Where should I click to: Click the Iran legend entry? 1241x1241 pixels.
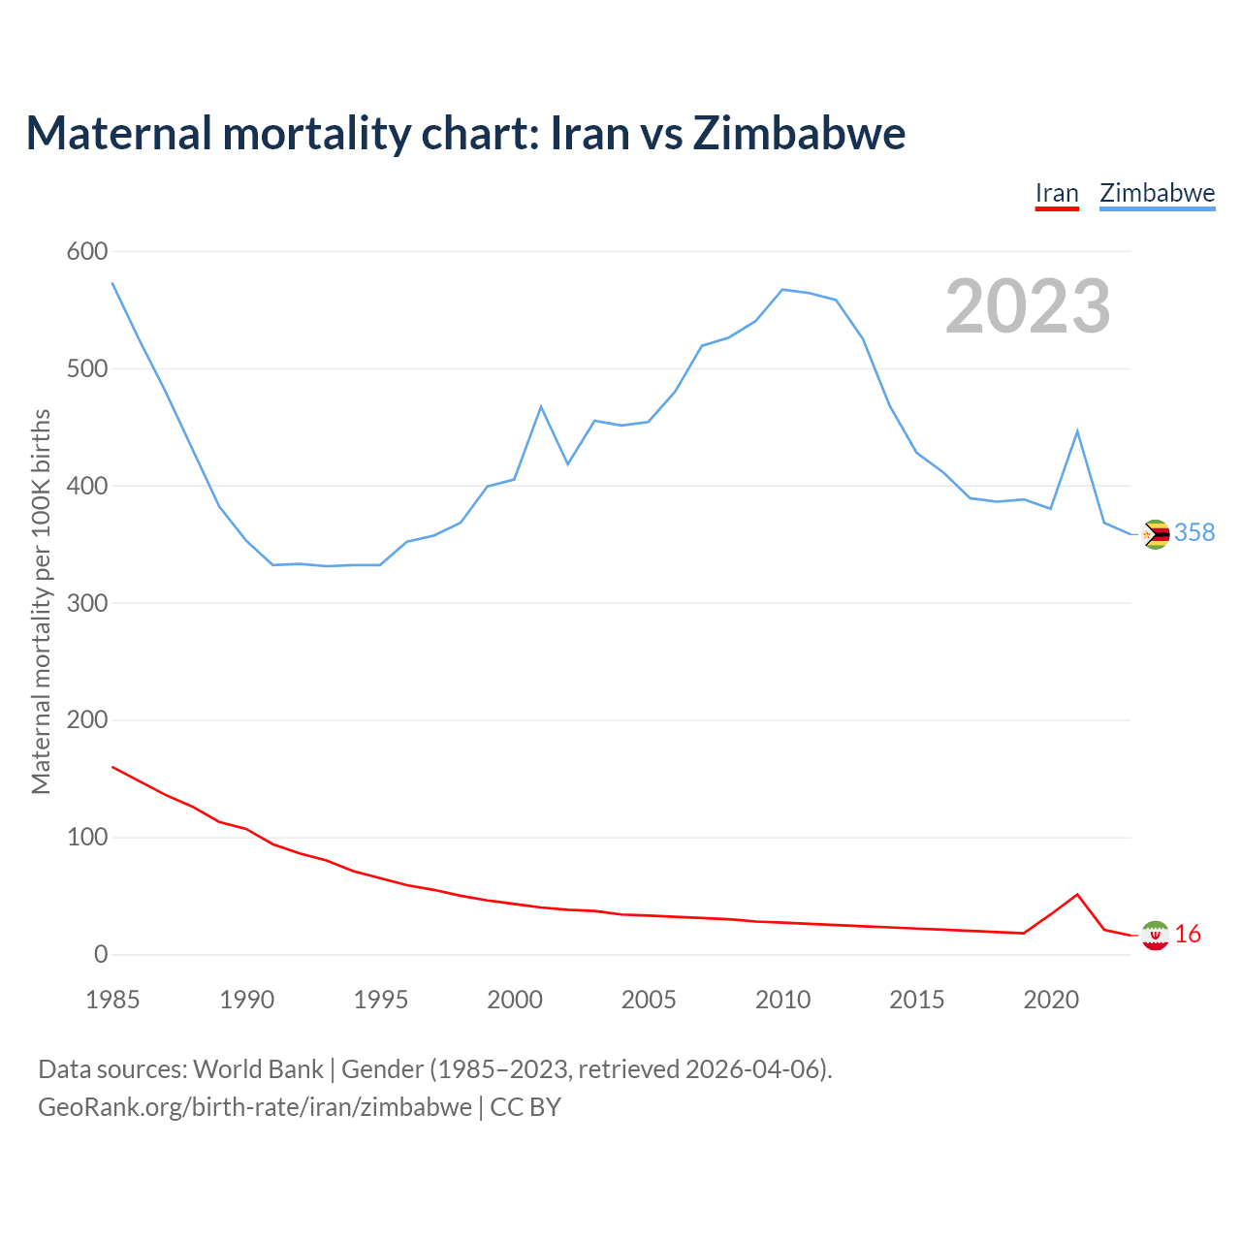point(1057,193)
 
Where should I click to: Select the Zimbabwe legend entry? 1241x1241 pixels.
point(1157,193)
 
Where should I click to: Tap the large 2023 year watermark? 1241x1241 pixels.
point(1028,306)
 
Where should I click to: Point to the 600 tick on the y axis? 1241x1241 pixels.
point(86,252)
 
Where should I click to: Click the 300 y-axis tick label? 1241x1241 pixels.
point(86,603)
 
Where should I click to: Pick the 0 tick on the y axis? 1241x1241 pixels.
point(101,955)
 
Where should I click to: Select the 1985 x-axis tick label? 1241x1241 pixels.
point(112,1000)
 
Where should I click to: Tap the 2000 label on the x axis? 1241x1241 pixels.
point(515,1000)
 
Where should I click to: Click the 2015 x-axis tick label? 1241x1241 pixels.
point(917,1000)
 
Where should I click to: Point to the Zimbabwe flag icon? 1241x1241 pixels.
point(1156,534)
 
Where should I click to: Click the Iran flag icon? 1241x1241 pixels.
point(1156,935)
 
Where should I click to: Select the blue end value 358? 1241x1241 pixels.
point(1194,533)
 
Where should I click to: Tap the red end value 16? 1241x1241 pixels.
point(1188,935)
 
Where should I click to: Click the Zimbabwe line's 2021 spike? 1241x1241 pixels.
point(1077,431)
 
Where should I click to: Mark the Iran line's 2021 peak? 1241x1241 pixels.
point(1077,895)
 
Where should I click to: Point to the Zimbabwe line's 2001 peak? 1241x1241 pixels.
point(541,407)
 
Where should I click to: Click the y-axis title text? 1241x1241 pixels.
point(41,601)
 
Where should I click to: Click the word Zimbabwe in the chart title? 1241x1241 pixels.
point(799,133)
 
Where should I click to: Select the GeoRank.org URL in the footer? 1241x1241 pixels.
point(255,1106)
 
